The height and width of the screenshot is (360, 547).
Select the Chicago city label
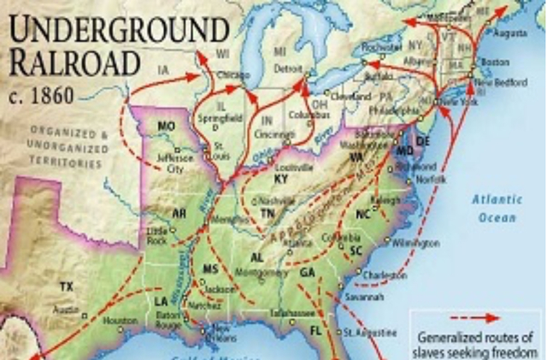(233, 75)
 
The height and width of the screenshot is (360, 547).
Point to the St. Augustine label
(370, 332)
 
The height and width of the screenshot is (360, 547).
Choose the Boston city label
(495, 62)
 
